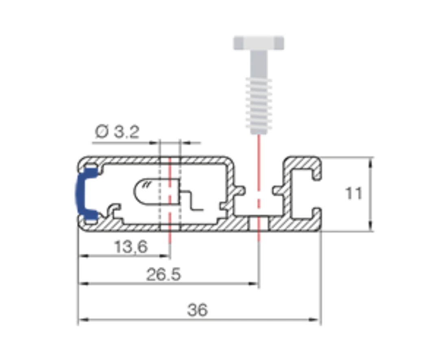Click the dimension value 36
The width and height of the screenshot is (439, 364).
point(198,310)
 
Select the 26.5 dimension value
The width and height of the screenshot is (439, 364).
point(163,274)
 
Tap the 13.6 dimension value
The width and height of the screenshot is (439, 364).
point(131,247)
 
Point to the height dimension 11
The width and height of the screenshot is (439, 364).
point(354,193)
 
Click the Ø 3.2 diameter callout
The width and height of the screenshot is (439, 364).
point(117,132)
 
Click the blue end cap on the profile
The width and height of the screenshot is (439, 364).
point(85,194)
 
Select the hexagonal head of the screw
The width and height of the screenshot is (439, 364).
point(259,43)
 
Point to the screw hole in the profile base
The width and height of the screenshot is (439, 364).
point(259,224)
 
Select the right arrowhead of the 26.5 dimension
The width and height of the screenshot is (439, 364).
point(252,284)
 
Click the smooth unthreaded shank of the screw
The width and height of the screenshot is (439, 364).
point(259,64)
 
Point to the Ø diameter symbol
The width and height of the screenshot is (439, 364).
point(101,132)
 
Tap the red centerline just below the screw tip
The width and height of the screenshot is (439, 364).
point(259,162)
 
